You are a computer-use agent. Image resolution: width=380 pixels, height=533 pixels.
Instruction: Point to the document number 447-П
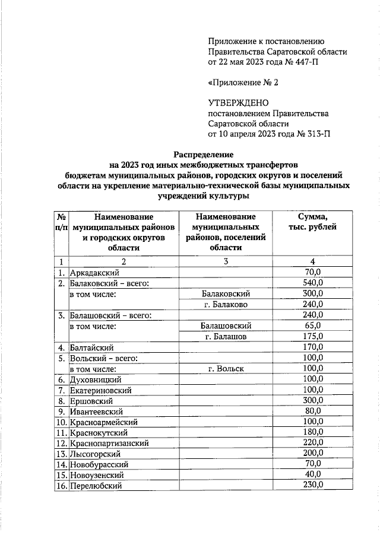pyautogui.click(x=312, y=61)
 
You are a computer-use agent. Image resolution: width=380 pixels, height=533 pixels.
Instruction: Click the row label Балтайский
pyautogui.click(x=91, y=347)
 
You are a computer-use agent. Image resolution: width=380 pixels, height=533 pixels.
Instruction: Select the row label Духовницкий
pyautogui.click(x=96, y=379)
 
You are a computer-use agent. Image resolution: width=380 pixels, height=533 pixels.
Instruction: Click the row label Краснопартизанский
pyautogui.click(x=109, y=443)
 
